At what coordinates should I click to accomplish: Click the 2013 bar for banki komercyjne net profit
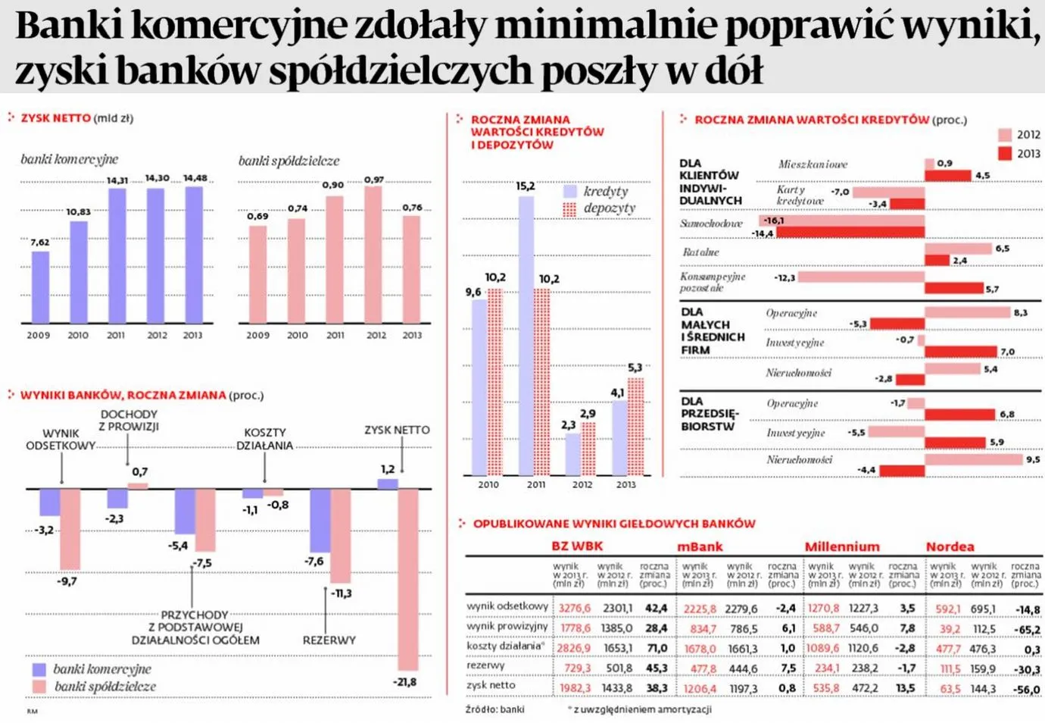(x=194, y=255)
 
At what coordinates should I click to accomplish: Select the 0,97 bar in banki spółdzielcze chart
(x=373, y=255)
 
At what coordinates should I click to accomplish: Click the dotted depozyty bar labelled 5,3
(x=635, y=426)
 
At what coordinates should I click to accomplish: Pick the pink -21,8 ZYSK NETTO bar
(x=408, y=579)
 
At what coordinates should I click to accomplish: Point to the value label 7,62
(x=39, y=243)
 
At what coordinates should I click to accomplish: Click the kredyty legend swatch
(x=570, y=192)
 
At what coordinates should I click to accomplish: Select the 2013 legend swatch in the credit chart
(x=1005, y=154)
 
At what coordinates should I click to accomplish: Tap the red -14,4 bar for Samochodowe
(x=850, y=233)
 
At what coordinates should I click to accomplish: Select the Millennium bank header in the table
(x=842, y=546)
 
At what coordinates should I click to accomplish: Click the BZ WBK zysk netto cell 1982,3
(x=575, y=688)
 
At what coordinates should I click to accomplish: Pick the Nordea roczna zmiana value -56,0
(x=1027, y=690)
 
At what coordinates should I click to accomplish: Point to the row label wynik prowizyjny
(x=507, y=627)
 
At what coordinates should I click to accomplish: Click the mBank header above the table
(x=700, y=546)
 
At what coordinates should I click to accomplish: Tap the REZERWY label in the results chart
(x=329, y=640)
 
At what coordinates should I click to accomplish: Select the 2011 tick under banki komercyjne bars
(x=116, y=335)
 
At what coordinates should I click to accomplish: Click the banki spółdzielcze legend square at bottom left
(x=39, y=687)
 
